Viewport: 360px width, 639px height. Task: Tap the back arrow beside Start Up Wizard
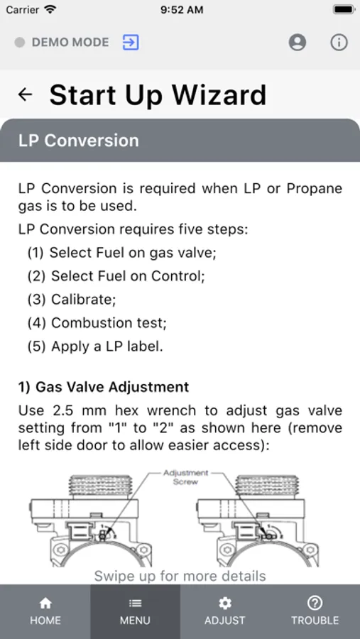pos(26,94)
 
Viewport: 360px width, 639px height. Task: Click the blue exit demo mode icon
pos(131,43)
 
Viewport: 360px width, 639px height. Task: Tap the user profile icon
pos(298,43)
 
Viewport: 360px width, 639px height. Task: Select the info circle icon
pos(339,43)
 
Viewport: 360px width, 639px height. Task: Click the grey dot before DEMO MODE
pos(20,43)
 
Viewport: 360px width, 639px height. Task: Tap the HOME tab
pos(45,612)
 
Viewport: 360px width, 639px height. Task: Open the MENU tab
pos(135,612)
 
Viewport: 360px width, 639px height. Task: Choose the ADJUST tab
pos(224,612)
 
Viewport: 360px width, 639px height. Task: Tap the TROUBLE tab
pos(315,612)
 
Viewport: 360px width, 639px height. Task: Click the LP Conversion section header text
pos(79,141)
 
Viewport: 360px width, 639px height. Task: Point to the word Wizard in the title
pos(219,95)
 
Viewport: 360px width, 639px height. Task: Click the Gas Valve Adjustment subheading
pos(104,387)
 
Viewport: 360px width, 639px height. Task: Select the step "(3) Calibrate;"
pos(72,300)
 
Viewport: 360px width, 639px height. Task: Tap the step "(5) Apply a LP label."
pos(95,346)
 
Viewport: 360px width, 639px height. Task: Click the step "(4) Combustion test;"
pos(97,323)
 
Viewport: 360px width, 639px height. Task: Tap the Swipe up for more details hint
pos(180,576)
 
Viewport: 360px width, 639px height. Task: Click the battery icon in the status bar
pos(344,9)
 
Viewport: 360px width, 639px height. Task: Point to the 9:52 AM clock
pos(182,10)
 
